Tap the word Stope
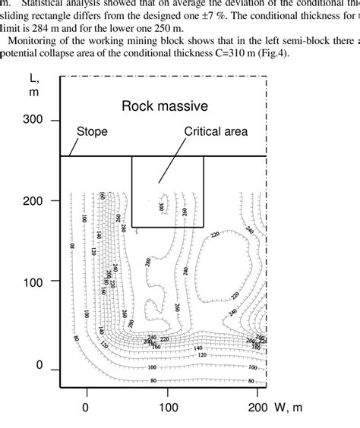click(x=92, y=132)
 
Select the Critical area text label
click(x=216, y=132)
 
